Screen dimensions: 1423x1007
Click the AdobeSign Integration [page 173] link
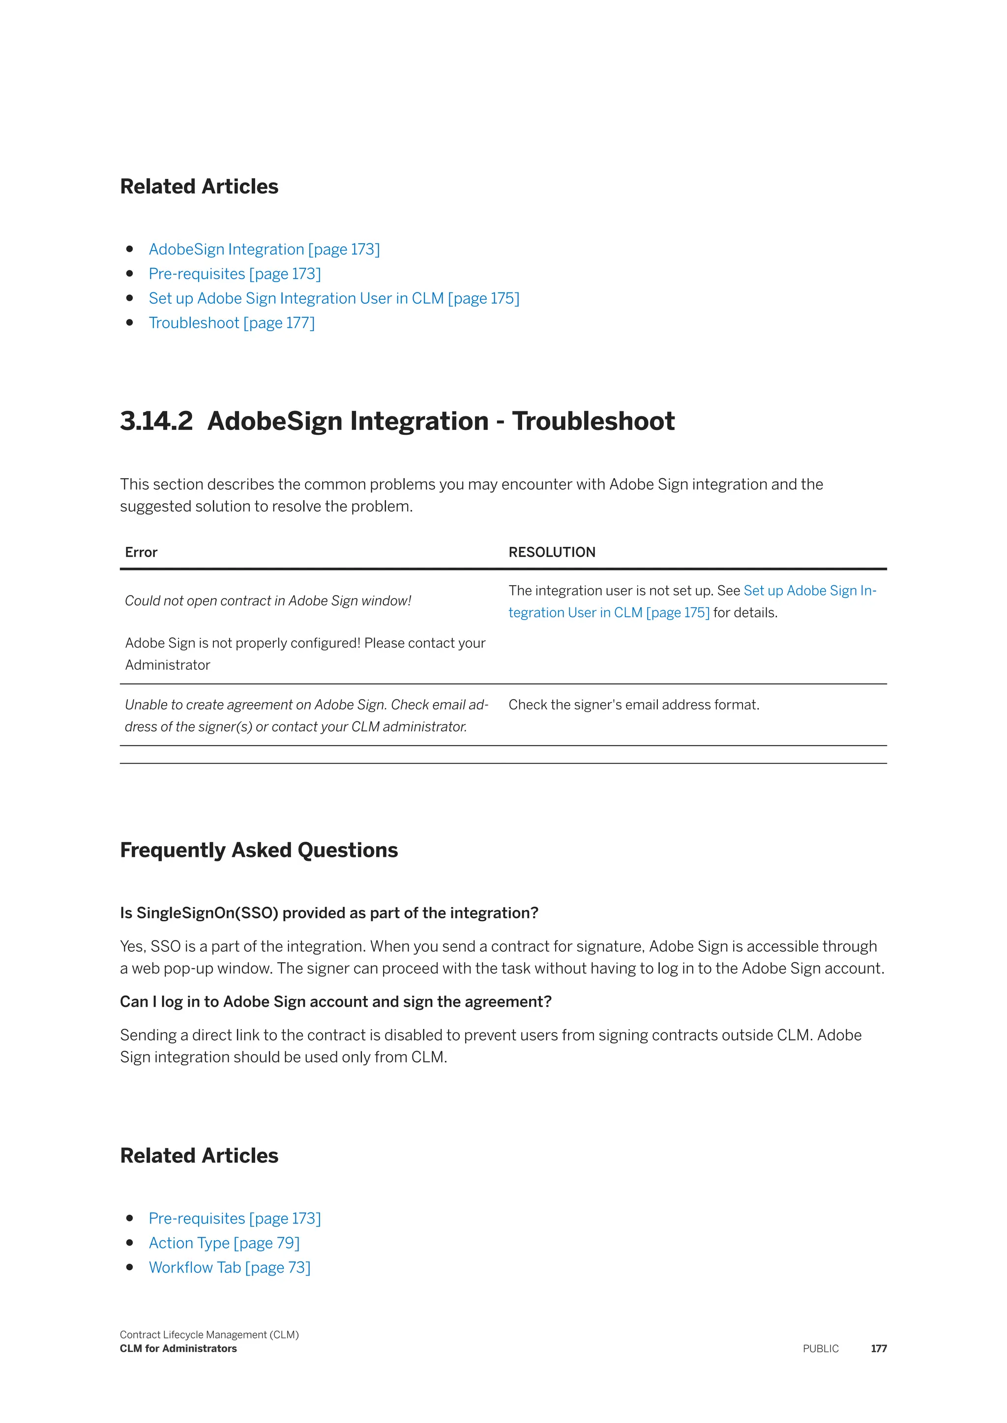click(x=264, y=249)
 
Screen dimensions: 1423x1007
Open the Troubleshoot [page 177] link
click(x=231, y=323)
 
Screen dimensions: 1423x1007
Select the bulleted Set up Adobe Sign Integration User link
click(x=333, y=298)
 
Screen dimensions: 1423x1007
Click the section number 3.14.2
click(x=156, y=421)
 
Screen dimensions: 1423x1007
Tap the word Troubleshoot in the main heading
click(x=593, y=421)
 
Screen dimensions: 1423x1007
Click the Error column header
click(x=142, y=552)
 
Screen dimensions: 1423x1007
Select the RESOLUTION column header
click(x=552, y=552)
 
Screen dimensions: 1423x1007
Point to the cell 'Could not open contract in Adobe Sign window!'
click(x=268, y=600)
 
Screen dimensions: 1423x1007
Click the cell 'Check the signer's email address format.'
click(x=634, y=705)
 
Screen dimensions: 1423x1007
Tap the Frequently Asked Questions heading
click(x=259, y=850)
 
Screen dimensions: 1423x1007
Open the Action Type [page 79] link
click(x=224, y=1243)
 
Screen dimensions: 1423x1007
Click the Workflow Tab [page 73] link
click(x=230, y=1267)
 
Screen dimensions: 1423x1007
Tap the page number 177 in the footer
click(x=879, y=1349)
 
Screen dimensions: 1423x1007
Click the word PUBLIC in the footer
click(x=820, y=1349)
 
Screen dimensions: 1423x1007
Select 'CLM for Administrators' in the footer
click(x=178, y=1349)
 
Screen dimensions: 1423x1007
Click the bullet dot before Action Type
click(x=130, y=1243)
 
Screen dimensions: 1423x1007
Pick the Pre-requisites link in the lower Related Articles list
click(x=235, y=1219)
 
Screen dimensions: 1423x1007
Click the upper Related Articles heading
click(x=199, y=187)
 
